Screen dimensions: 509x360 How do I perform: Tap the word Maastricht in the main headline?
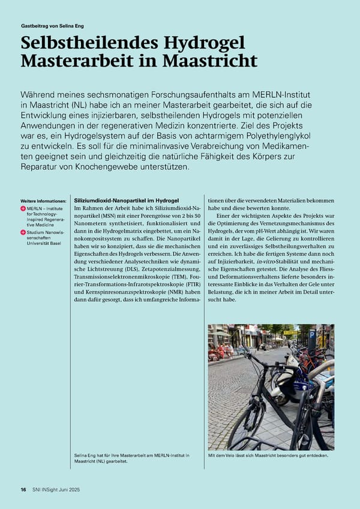[211, 61]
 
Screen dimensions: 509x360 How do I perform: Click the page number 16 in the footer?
[23, 490]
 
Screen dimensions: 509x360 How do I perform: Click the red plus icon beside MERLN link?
[23, 209]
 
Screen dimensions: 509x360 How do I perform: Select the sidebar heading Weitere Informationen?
[43, 200]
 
